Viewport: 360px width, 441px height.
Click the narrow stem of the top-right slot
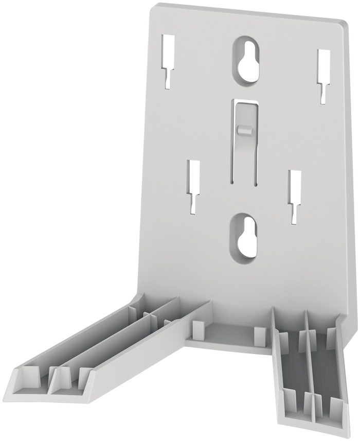[x=322, y=93]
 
